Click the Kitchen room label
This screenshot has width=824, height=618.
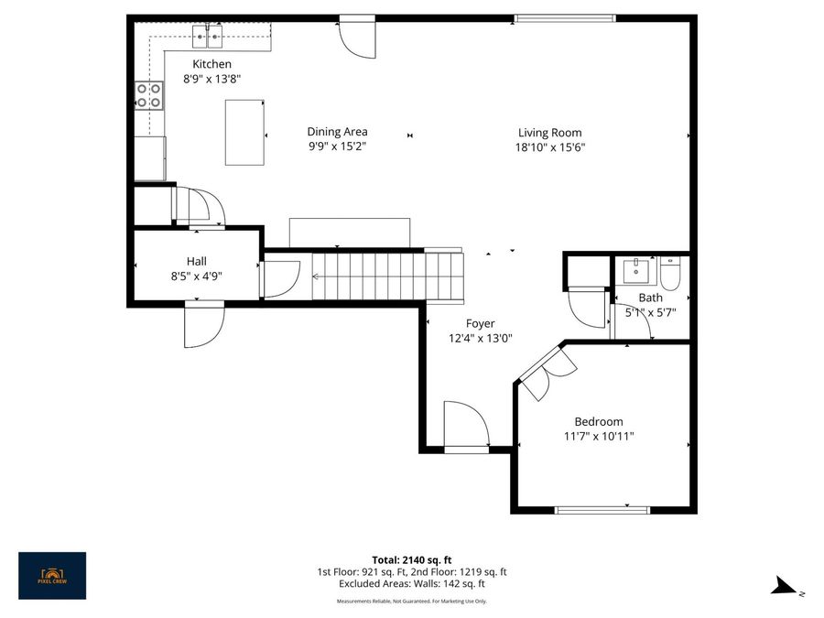[x=211, y=64]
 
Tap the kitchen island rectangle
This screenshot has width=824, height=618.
[x=244, y=132]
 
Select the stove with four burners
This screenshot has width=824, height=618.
[x=149, y=95]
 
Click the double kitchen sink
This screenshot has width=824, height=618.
[x=210, y=37]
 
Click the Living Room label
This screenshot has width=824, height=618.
[x=549, y=132]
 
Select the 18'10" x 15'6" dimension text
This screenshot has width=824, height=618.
[x=549, y=146]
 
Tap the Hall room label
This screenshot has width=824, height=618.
[x=197, y=261]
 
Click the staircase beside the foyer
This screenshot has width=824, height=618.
[x=388, y=276]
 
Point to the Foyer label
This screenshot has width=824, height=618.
[x=480, y=323]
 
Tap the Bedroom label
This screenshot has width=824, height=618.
[x=599, y=421]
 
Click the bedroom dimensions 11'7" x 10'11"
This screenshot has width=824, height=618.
[x=599, y=437]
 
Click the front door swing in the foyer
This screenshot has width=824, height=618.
[x=465, y=424]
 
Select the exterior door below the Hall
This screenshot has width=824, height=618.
[x=202, y=326]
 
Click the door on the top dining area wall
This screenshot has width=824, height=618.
[x=357, y=37]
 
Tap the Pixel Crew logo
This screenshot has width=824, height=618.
[x=52, y=575]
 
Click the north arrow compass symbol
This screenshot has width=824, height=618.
[x=785, y=587]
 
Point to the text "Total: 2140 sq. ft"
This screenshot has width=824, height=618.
[x=411, y=559]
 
